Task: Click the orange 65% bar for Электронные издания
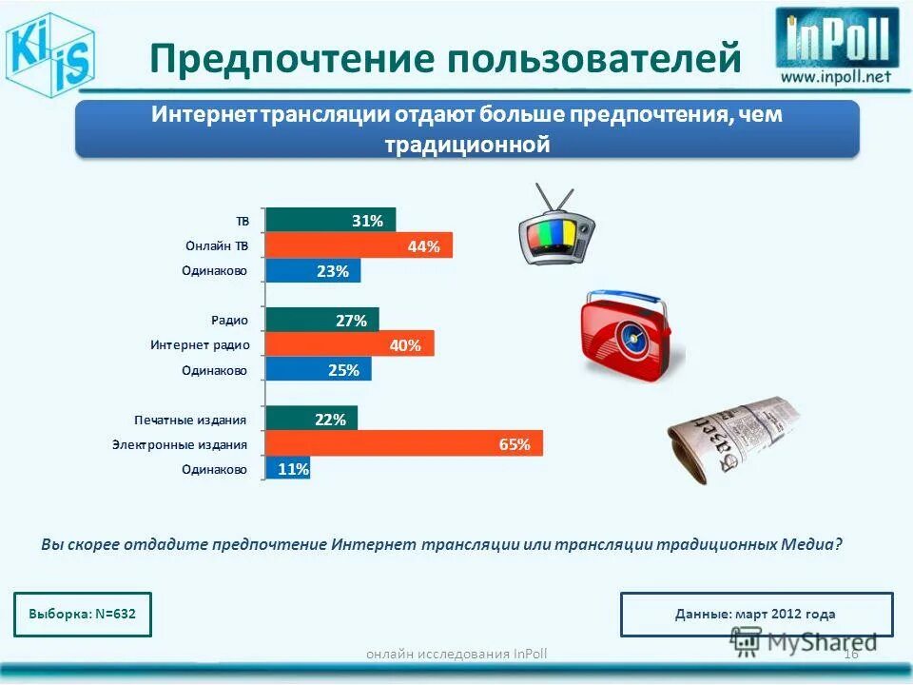pos(404,443)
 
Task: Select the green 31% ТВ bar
pos(330,221)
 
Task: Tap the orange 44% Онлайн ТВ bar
pos(359,245)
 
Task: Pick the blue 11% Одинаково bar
pos(288,468)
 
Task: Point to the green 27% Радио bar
pos(321,321)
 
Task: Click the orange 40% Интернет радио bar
pos(349,344)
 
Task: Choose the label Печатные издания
pos(191,420)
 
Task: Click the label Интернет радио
pos(200,345)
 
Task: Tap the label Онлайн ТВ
pos(217,246)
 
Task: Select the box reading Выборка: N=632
pos(83,614)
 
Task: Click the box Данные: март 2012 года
pos(756,615)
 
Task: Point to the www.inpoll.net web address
pos(837,77)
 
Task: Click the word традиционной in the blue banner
pos(467,146)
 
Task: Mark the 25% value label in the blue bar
pos(343,370)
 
